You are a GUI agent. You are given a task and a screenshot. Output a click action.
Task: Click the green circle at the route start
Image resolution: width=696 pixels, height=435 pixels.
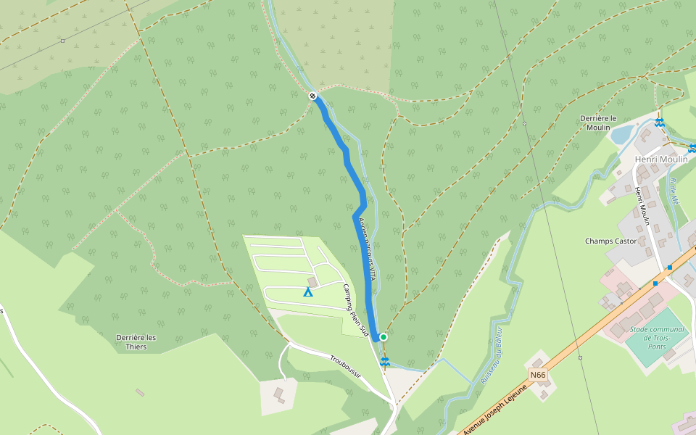[383, 336]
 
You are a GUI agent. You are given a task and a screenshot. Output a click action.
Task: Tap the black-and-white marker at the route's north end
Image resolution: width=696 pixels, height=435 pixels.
[312, 96]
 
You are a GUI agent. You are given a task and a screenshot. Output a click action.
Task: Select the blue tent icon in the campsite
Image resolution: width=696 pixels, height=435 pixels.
[307, 292]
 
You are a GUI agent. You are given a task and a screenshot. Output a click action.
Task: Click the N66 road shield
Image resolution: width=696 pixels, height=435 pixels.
[537, 375]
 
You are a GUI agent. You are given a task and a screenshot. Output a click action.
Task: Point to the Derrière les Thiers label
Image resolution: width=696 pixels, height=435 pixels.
[136, 342]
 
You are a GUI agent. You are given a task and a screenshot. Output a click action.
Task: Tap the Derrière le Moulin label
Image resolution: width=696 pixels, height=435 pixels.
[598, 123]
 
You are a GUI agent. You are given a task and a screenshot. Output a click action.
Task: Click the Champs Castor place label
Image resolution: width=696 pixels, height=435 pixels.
[610, 241]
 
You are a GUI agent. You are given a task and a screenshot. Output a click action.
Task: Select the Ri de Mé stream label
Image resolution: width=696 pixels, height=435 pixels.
[677, 190]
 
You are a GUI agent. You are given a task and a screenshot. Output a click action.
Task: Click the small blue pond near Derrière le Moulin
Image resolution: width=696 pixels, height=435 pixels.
[621, 134]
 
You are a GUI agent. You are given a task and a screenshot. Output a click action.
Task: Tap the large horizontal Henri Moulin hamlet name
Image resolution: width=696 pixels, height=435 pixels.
[660, 159]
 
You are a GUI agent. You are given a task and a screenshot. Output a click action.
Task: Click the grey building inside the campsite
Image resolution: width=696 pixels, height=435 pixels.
[312, 281]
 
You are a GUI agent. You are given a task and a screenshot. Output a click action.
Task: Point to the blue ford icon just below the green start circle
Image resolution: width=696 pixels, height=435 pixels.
[385, 360]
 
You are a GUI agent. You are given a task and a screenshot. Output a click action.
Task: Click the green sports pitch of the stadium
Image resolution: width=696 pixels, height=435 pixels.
[655, 338]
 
